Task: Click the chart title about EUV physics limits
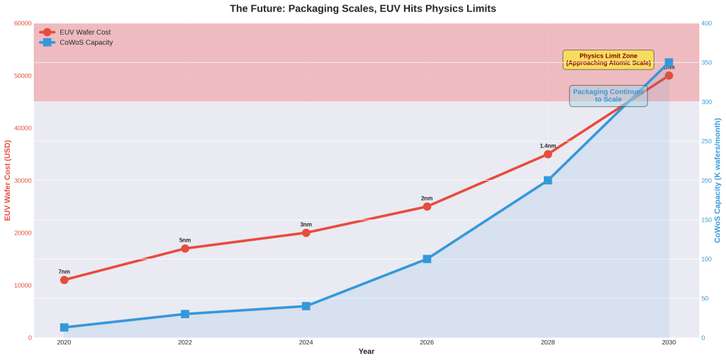point(362,9)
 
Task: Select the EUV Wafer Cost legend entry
point(84,32)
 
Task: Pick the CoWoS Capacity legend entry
point(86,43)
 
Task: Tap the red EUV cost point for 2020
point(65,280)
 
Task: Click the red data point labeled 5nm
point(185,249)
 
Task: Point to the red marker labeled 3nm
point(306,232)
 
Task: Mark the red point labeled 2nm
point(427,206)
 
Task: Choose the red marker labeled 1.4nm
point(548,154)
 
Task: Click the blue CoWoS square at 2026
point(427,259)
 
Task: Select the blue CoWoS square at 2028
point(548,180)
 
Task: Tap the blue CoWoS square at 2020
point(65,327)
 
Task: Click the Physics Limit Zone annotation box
point(608,60)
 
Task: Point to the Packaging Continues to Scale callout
point(608,96)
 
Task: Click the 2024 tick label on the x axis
point(306,342)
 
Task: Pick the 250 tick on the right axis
point(707,141)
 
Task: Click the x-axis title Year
point(367,351)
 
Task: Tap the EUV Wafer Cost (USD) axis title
point(8,180)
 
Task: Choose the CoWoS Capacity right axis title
point(717,180)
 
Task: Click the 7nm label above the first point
point(65,271)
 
